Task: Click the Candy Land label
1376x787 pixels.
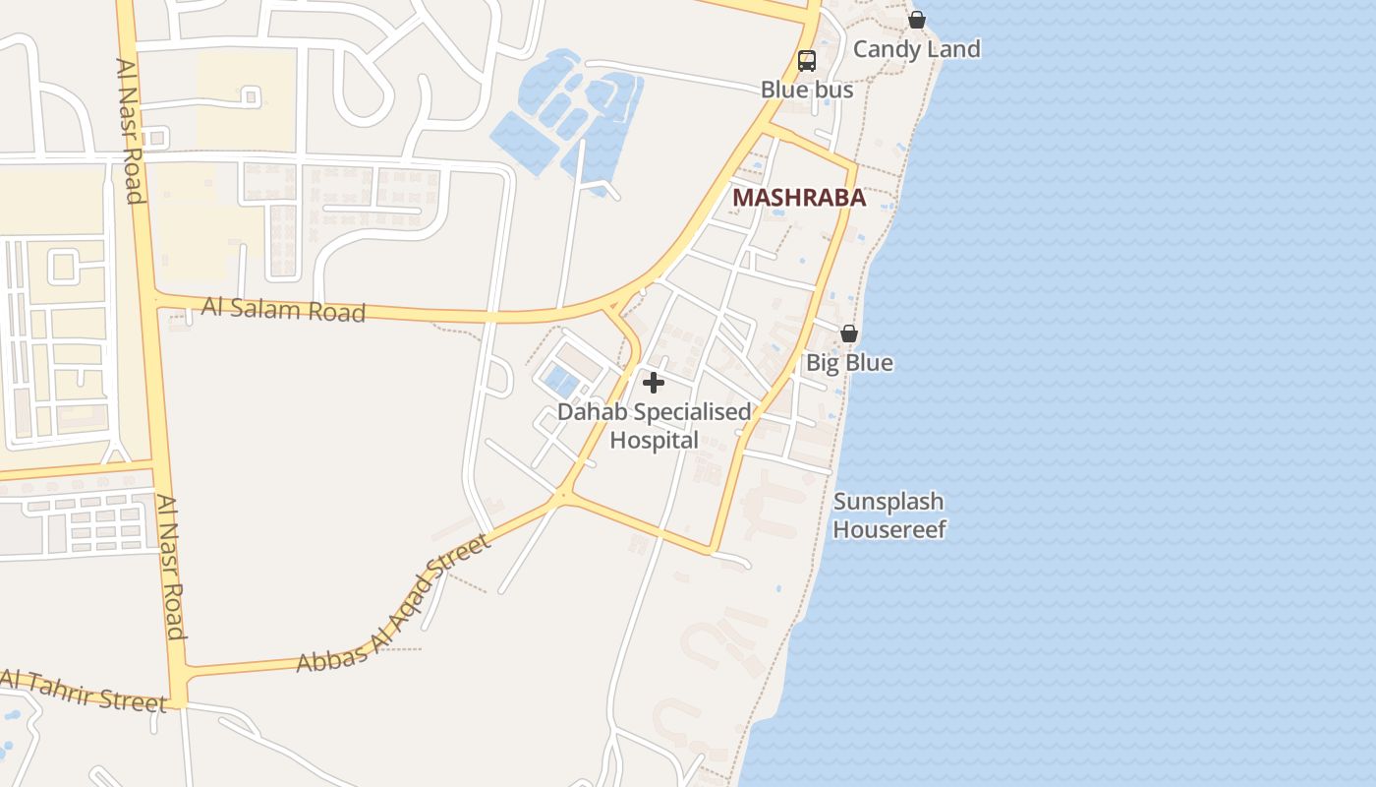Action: (916, 49)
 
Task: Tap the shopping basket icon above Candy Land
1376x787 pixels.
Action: (917, 20)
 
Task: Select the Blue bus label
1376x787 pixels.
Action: (807, 90)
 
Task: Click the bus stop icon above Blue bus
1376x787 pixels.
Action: (807, 61)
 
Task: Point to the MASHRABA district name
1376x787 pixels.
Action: (799, 198)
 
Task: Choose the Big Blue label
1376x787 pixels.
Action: (849, 363)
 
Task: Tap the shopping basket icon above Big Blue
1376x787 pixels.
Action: (849, 334)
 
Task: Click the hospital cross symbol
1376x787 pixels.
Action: (654, 383)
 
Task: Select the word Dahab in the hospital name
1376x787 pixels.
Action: (592, 412)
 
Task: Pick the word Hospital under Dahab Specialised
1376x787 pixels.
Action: (654, 440)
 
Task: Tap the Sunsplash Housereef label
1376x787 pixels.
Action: (889, 515)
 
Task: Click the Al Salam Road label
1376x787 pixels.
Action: (283, 310)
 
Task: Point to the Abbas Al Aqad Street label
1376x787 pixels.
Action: (393, 605)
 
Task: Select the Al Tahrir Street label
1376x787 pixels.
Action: (84, 691)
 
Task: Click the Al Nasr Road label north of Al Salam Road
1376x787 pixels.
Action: (130, 130)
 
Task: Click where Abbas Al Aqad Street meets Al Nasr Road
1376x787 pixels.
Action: (178, 673)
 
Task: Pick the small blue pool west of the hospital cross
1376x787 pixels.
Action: (560, 379)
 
